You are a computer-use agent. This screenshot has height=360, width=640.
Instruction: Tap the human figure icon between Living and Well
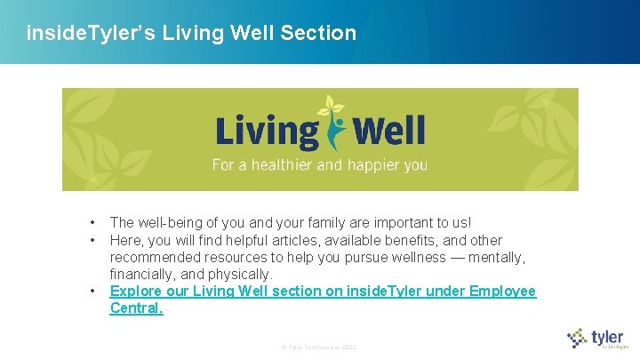click(334, 125)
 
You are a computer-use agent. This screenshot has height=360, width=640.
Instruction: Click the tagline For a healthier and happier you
click(319, 164)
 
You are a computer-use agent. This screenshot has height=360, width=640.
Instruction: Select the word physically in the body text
click(239, 274)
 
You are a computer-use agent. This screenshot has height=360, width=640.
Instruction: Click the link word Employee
click(502, 292)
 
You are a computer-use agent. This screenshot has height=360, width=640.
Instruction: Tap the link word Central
click(136, 308)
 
